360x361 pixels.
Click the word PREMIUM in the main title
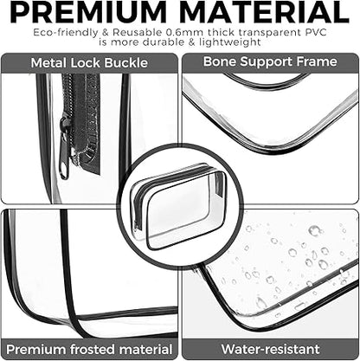(x=88, y=12)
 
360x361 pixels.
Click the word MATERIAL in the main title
(x=264, y=12)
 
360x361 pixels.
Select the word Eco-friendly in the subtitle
(x=65, y=33)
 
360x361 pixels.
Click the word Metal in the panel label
(x=48, y=63)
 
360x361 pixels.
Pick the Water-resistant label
(x=270, y=349)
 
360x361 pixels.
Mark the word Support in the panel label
(x=266, y=62)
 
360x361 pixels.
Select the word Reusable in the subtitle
(x=138, y=32)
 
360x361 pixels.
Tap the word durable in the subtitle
(x=164, y=42)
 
